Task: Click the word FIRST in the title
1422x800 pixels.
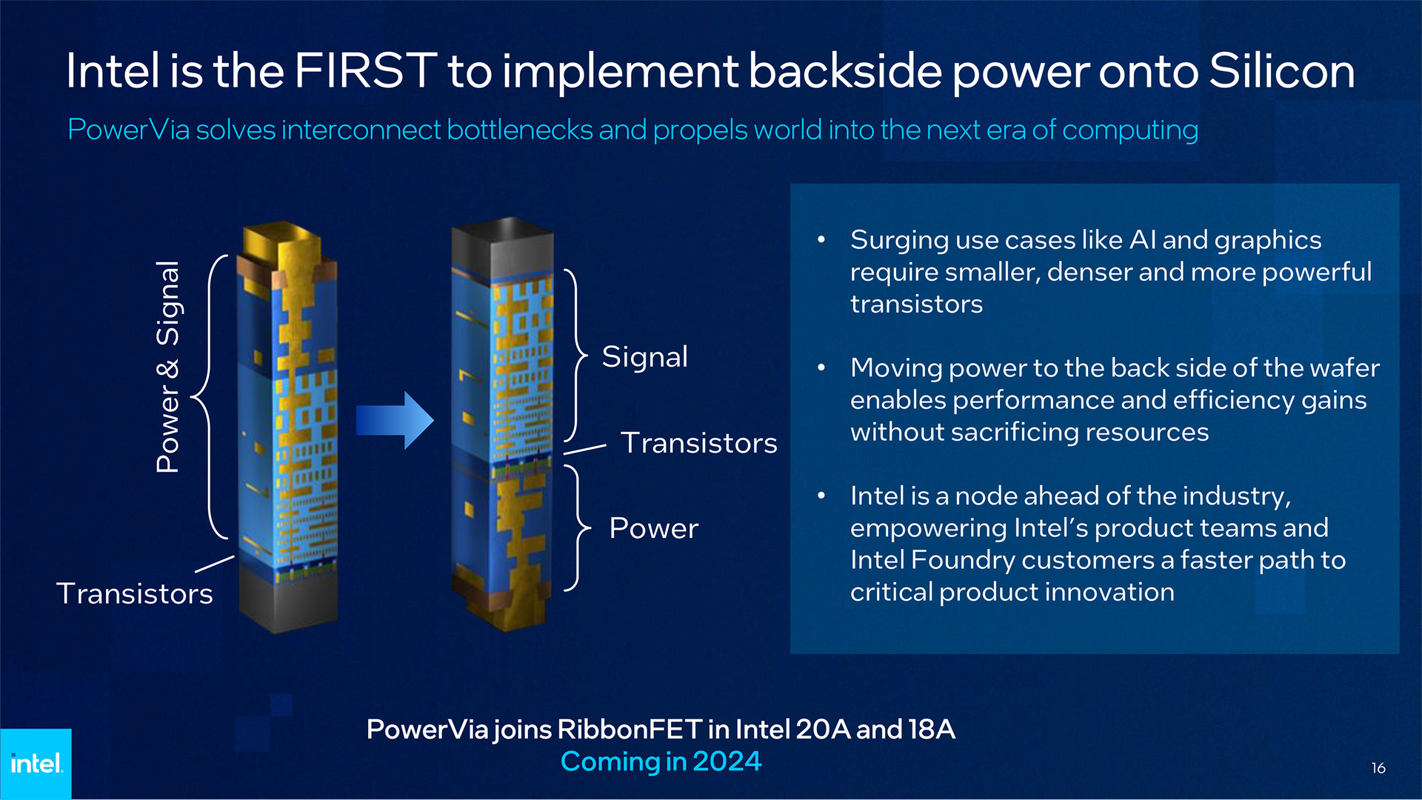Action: tap(365, 71)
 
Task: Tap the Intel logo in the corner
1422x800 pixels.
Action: tap(36, 764)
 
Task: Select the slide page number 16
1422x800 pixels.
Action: tap(1378, 768)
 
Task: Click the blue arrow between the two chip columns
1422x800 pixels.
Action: tap(394, 420)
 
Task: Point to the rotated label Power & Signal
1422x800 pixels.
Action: tap(168, 367)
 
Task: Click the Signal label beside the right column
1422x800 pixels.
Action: tap(644, 357)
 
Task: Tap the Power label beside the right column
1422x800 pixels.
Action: tap(653, 528)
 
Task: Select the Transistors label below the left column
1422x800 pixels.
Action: tap(135, 593)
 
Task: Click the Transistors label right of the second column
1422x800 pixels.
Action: tap(698, 443)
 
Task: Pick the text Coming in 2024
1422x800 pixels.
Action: tap(661, 761)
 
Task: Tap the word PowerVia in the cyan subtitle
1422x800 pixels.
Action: tap(128, 130)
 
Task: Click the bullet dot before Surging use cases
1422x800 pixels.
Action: tap(821, 240)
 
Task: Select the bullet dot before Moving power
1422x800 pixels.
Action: tap(821, 368)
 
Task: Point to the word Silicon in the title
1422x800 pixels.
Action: tap(1281, 71)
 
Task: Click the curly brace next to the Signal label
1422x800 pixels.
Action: tap(575, 356)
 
